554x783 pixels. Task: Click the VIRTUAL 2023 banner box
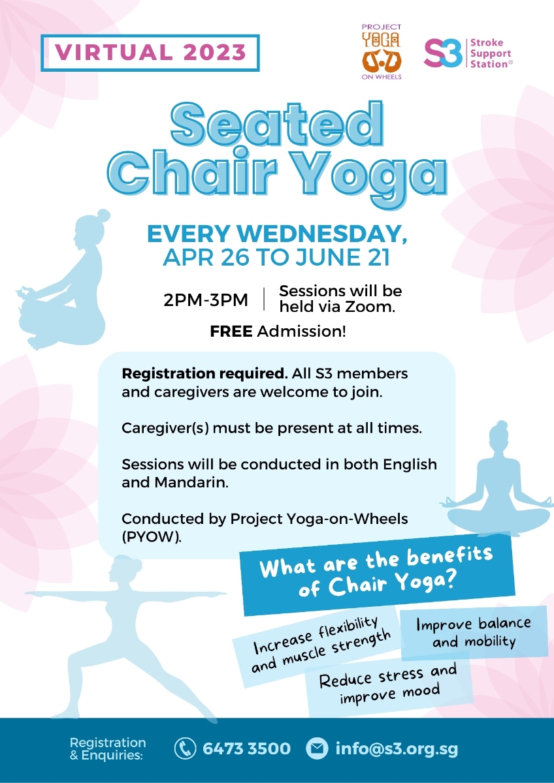point(150,53)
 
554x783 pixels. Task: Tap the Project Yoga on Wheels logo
point(382,52)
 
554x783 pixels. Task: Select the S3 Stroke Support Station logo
point(468,53)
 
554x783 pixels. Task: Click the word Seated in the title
point(277,123)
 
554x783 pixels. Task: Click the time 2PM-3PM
point(206,300)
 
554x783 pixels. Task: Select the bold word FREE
point(231,331)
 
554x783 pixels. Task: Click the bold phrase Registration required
point(204,374)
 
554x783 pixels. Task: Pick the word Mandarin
point(191,483)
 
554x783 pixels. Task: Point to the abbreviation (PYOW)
point(152,537)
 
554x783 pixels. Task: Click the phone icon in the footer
point(185,748)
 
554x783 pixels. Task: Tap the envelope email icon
point(317,748)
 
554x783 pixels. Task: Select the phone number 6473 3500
point(247,748)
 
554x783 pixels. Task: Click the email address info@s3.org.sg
point(397,749)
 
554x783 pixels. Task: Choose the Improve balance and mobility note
point(474,633)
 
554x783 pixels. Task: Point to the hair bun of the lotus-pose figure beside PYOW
point(502,425)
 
